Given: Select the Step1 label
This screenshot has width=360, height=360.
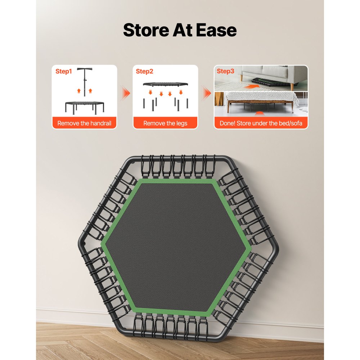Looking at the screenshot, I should tap(64, 71).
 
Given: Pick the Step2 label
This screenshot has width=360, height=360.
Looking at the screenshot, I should tap(144, 71).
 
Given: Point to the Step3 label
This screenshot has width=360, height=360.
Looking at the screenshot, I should tap(225, 71).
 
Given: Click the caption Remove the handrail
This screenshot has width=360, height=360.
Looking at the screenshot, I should tap(84, 123).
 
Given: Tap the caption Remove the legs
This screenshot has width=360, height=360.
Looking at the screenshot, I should tap(165, 123).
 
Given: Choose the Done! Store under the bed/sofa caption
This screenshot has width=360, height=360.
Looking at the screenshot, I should tap(261, 123).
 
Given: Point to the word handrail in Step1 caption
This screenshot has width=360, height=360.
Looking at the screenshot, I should tap(101, 123).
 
